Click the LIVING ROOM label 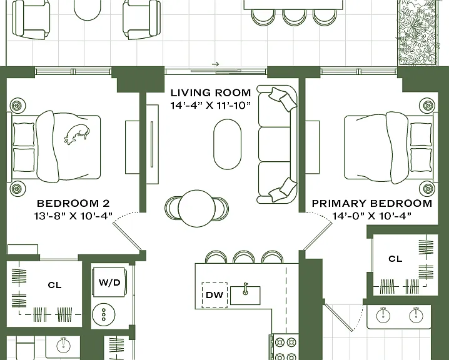click(211, 92)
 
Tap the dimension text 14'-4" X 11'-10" click(211, 106)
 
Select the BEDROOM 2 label click(73, 204)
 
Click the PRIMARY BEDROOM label click(371, 204)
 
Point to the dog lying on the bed click(77, 133)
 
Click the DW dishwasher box click(214, 295)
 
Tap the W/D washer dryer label click(109, 282)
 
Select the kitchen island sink click(245, 295)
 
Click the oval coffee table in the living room click(228, 144)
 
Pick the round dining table click(197, 208)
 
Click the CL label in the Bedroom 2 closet click(54, 285)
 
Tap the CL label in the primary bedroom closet click(395, 259)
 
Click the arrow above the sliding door click(216, 64)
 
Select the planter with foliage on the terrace click(418, 32)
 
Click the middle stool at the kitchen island click(244, 257)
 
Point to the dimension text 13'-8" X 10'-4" click(73, 216)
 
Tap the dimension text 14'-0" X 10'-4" click(371, 216)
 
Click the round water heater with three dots click(104, 315)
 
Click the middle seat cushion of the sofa click(275, 144)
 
